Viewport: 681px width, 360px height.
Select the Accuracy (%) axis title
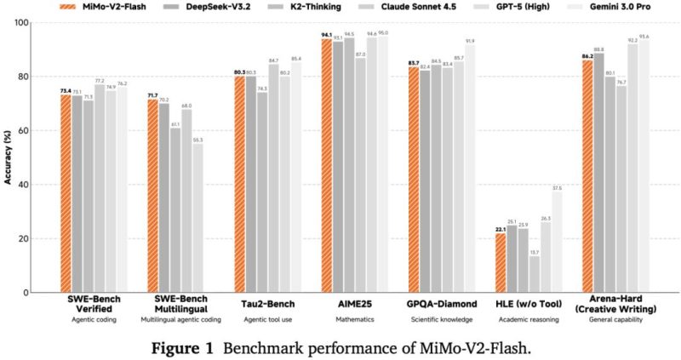pyautogui.click(x=16, y=157)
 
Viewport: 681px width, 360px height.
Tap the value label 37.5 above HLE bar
pyautogui.click(x=558, y=187)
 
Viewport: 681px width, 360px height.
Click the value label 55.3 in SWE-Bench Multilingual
pyautogui.click(x=198, y=139)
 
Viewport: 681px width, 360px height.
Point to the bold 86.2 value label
pyautogui.click(x=587, y=55)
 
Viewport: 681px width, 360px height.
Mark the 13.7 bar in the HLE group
pyautogui.click(x=535, y=273)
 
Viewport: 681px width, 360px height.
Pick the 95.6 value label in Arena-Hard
pyautogui.click(x=644, y=37)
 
